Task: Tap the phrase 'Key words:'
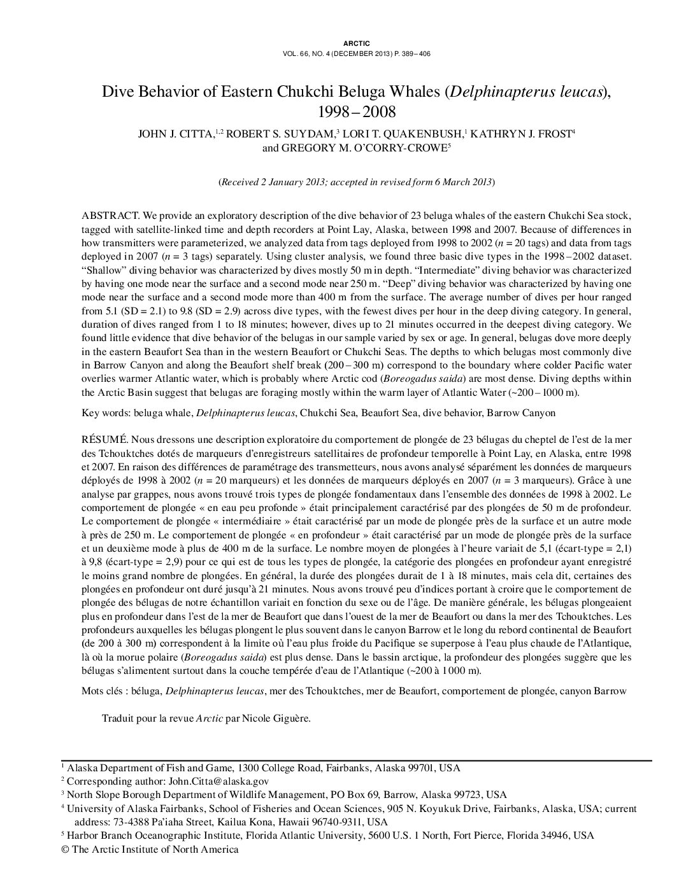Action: [x=106, y=413]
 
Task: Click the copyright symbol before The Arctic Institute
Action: [x=64, y=850]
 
